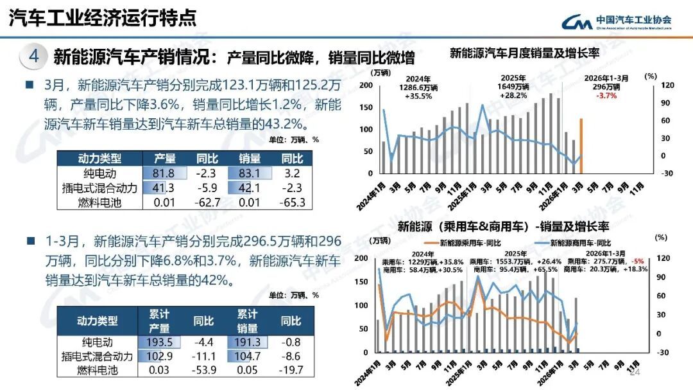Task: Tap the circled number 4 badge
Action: pos(34,57)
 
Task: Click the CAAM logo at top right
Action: pos(617,21)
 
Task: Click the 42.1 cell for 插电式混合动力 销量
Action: pos(249,188)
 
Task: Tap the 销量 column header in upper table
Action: pos(249,159)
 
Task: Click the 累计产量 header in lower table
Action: pos(159,321)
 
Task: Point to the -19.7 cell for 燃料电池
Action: pos(291,371)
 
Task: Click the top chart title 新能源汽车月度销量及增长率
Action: pos(524,53)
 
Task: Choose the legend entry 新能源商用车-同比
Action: pos(581,244)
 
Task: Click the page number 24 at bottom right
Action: pos(635,373)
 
